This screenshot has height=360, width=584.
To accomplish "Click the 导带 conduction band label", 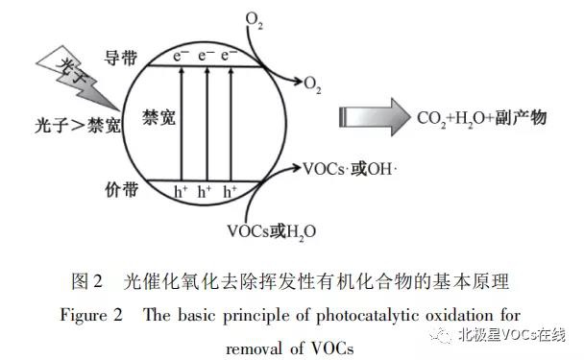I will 112,60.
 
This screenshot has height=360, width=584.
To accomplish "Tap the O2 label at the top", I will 252,18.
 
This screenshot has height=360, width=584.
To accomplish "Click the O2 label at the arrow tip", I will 313,87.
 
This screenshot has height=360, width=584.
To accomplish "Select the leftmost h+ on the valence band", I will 181,192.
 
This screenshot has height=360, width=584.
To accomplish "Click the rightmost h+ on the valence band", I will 231,192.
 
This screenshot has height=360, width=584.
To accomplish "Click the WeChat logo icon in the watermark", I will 440,336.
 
